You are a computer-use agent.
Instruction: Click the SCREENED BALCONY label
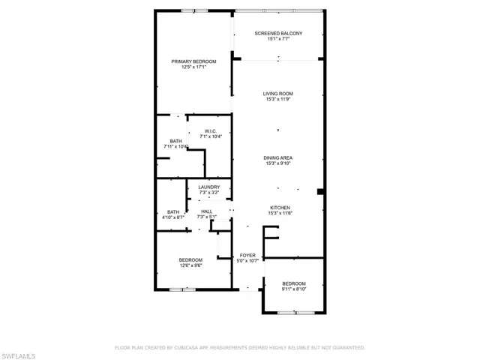click(278, 33)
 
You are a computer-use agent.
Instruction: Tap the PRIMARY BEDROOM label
click(193, 61)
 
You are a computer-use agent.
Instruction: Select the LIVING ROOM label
click(278, 94)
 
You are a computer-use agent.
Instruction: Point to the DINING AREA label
click(278, 158)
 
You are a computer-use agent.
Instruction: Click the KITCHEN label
click(280, 208)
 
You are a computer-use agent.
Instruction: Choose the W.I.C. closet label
click(211, 131)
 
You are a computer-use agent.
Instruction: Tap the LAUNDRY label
click(209, 187)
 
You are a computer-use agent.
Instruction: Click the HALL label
click(207, 211)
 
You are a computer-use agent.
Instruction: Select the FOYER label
click(247, 255)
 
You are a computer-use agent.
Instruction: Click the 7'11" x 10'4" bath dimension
click(175, 147)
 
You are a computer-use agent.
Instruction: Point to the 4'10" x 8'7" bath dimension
click(173, 217)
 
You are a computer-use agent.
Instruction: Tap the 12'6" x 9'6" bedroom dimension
click(190, 265)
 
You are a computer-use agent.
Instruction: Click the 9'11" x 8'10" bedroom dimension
click(294, 289)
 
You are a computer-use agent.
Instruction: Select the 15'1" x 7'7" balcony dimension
click(278, 39)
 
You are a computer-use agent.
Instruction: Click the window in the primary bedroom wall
click(195, 11)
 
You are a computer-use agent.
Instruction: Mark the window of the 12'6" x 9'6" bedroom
click(182, 289)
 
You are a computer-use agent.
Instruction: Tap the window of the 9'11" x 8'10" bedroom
click(296, 313)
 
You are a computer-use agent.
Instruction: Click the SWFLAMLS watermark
click(18, 356)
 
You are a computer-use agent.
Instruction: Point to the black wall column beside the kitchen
click(320, 192)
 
